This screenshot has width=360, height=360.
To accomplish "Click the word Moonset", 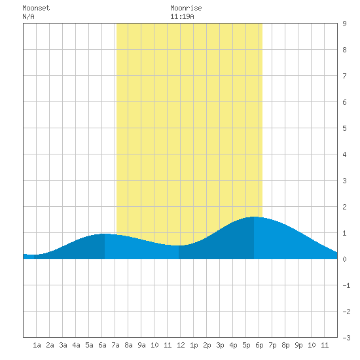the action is point(36,9).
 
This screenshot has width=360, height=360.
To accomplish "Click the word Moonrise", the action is point(186,9).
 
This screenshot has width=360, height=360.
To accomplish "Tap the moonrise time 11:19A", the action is point(182,16).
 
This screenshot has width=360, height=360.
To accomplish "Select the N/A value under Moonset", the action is point(28,16).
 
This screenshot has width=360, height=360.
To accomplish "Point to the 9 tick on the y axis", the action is point(344,24).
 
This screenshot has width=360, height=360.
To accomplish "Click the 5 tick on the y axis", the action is point(344,128).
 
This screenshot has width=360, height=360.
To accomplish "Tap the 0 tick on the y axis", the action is point(344,259).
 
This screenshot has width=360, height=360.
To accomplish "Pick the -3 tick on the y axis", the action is point(346,338).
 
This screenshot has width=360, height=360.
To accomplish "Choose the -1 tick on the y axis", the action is point(346,285).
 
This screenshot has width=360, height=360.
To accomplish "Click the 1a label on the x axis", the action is point(37,345).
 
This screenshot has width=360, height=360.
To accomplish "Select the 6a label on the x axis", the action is point(102,345).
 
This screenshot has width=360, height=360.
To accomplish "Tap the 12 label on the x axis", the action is point(181,345).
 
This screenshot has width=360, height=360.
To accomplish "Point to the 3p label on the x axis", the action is point(220,345).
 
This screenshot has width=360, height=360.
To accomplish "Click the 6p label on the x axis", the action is point(259,345).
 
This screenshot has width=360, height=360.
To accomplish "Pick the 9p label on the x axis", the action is point(298,345).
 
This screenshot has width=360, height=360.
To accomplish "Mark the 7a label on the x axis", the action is point(115,345).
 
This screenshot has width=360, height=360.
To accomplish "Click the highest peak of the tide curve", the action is point(254,217).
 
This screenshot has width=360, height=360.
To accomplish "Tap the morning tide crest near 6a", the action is point(105,234).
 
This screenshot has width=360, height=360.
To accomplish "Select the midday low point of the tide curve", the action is point(179,245).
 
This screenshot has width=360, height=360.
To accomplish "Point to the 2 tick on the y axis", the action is point(344,207).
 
